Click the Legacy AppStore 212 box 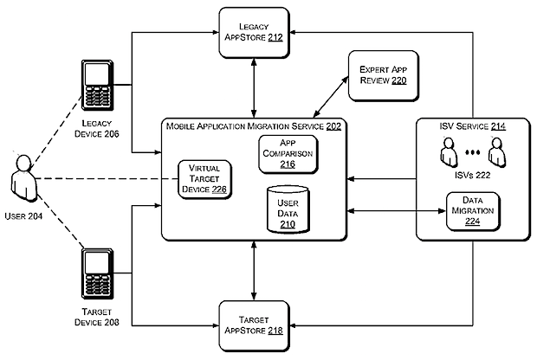(252, 31)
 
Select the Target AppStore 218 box (252, 325)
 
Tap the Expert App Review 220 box (383, 78)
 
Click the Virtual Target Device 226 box (204, 179)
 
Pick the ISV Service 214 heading (473, 127)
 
